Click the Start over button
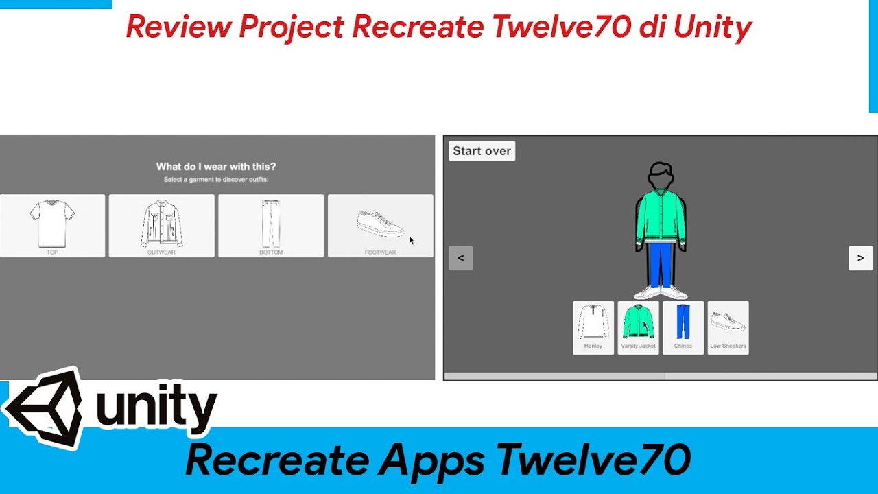[482, 151]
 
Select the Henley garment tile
[593, 327]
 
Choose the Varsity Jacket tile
[638, 327]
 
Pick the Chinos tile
[683, 327]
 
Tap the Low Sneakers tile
[728, 327]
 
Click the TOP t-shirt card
[52, 226]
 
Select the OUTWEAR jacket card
[161, 226]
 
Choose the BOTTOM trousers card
[271, 226]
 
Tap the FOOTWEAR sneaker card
[380, 226]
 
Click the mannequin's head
[661, 177]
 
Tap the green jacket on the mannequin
[661, 216]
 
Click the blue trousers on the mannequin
[660, 264]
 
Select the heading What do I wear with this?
[216, 166]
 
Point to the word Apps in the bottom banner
[431, 460]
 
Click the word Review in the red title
[177, 27]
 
